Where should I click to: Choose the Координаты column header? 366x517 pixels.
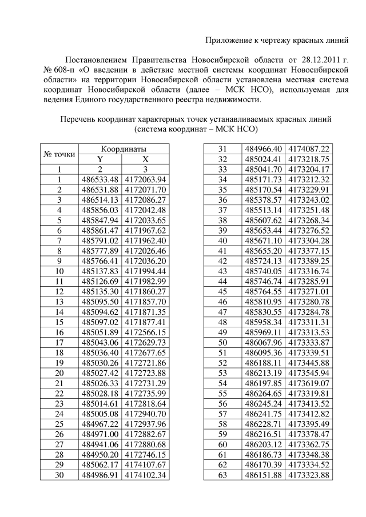click(123, 149)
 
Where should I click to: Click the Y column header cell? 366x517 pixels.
click(100, 159)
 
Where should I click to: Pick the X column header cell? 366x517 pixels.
click(145, 159)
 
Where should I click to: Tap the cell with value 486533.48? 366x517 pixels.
click(100, 179)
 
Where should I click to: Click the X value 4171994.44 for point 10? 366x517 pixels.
click(145, 271)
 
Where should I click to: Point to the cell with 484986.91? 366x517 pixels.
click(100, 475)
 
